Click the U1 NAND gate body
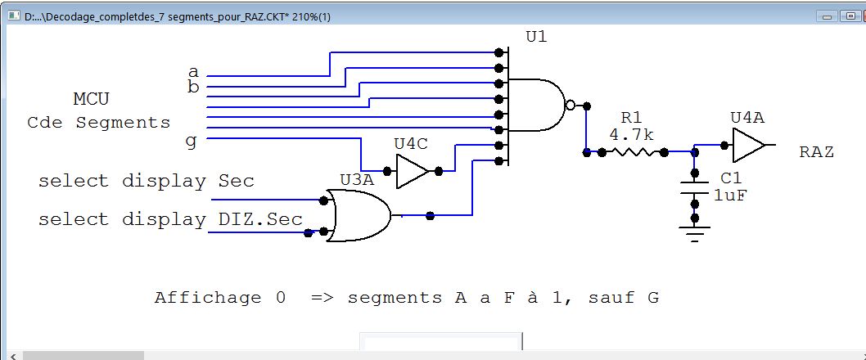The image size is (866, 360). pyautogui.click(x=536, y=105)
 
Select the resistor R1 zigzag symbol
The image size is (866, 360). pyautogui.click(x=633, y=151)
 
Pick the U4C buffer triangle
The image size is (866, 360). pyautogui.click(x=412, y=171)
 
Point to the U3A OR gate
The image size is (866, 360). pyautogui.click(x=359, y=215)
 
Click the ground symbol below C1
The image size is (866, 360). pyautogui.click(x=694, y=233)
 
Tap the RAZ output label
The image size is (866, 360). pyautogui.click(x=816, y=152)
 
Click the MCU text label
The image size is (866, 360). pyautogui.click(x=91, y=100)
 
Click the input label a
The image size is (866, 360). pyautogui.click(x=193, y=72)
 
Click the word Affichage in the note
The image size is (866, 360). pyautogui.click(x=208, y=298)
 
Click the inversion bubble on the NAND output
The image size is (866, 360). pyautogui.click(x=570, y=105)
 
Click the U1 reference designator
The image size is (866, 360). pyautogui.click(x=537, y=38)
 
